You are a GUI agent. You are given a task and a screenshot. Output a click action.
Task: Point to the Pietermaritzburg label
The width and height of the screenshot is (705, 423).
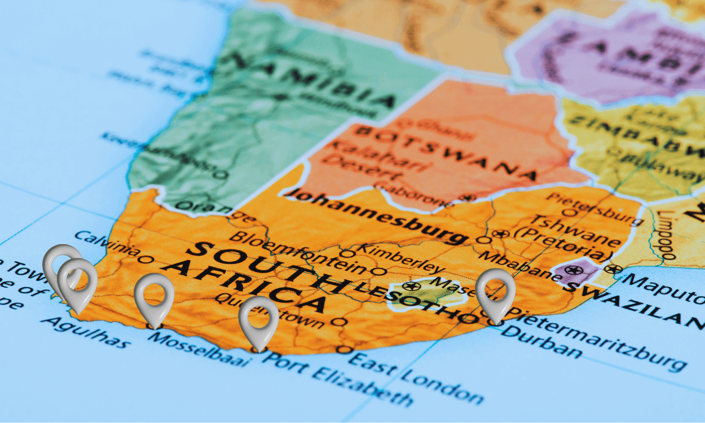598,339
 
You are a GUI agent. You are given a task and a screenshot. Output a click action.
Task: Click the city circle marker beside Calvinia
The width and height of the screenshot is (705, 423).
146,259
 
